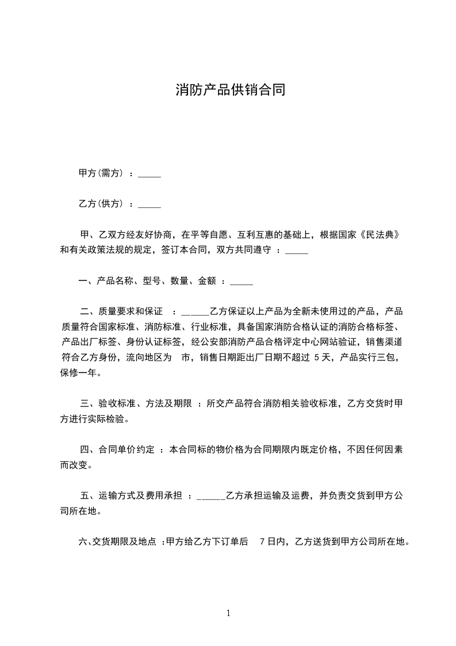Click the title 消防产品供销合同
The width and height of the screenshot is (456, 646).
pyautogui.click(x=230, y=90)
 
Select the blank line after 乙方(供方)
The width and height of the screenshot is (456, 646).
pyautogui.click(x=150, y=205)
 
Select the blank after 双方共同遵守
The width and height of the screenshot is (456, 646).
pyautogui.click(x=297, y=252)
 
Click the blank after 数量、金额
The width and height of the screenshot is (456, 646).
pyautogui.click(x=241, y=283)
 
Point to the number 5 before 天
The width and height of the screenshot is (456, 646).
pyautogui.click(x=317, y=358)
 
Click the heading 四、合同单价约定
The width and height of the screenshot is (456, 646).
pyautogui.click(x=117, y=450)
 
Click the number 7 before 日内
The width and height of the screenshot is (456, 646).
pyautogui.click(x=262, y=542)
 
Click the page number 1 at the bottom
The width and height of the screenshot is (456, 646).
pyautogui.click(x=228, y=614)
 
